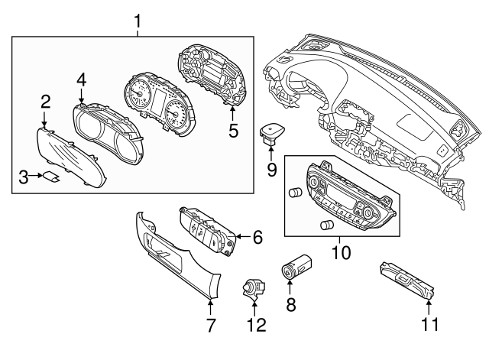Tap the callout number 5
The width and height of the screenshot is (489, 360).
click(234, 130)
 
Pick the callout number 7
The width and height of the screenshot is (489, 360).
click(210, 326)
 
